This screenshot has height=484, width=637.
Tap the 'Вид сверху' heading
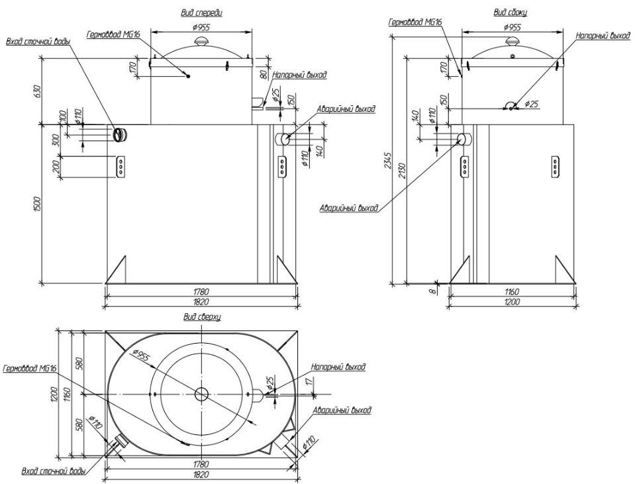point(202,317)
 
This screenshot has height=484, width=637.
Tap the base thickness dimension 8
point(434,289)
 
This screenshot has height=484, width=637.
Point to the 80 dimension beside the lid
point(264,74)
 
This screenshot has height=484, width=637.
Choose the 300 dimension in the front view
point(56,140)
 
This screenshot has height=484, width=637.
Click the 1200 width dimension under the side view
point(511,302)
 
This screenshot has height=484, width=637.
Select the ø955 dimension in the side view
point(511,28)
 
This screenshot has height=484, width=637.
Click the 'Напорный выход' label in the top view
point(338,366)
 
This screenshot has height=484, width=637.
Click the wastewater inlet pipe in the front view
point(121,134)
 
